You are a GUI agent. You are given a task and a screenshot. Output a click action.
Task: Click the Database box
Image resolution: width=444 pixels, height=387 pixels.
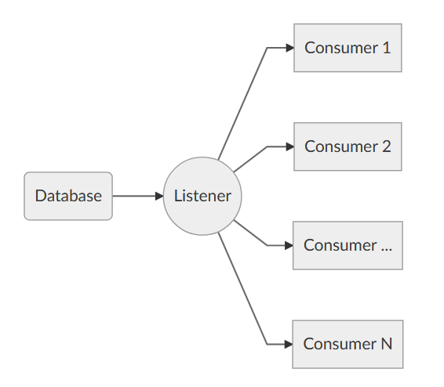click(68, 196)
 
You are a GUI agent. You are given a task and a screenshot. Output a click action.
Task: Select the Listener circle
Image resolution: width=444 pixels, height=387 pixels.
click(202, 196)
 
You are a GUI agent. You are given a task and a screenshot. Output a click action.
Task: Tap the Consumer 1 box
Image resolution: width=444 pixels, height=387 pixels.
click(348, 48)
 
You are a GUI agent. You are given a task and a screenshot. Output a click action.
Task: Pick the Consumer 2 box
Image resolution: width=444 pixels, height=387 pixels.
click(348, 146)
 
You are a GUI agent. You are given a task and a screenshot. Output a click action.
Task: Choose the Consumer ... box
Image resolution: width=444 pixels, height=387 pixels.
click(348, 245)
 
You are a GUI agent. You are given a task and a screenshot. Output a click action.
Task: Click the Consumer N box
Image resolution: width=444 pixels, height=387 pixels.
click(348, 344)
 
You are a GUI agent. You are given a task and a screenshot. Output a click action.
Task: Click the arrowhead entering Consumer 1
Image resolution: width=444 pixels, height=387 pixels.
click(289, 48)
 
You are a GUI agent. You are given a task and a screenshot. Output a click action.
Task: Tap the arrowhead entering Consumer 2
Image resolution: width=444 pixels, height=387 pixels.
click(289, 146)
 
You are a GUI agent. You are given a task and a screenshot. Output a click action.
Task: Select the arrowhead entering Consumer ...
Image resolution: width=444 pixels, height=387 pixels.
click(289, 245)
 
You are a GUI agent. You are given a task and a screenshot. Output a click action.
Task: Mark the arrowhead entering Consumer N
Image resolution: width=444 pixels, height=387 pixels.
click(289, 344)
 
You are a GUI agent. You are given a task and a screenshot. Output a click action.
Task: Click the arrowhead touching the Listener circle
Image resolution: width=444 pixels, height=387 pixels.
click(158, 196)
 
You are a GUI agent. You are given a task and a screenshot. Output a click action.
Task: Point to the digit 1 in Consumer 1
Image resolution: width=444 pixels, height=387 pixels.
click(385, 48)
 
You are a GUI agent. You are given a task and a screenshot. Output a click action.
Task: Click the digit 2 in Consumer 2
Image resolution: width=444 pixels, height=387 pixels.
click(386, 146)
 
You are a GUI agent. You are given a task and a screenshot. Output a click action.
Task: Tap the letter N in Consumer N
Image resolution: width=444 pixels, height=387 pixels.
click(386, 344)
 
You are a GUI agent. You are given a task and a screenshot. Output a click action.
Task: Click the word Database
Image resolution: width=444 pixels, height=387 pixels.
click(68, 196)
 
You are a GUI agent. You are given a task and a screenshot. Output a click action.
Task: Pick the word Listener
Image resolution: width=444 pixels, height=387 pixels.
click(202, 196)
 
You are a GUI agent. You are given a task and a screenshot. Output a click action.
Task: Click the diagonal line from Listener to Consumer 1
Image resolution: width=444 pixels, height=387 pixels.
click(242, 103)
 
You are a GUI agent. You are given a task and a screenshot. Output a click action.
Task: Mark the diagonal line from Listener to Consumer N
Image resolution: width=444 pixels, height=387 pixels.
click(242, 289)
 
